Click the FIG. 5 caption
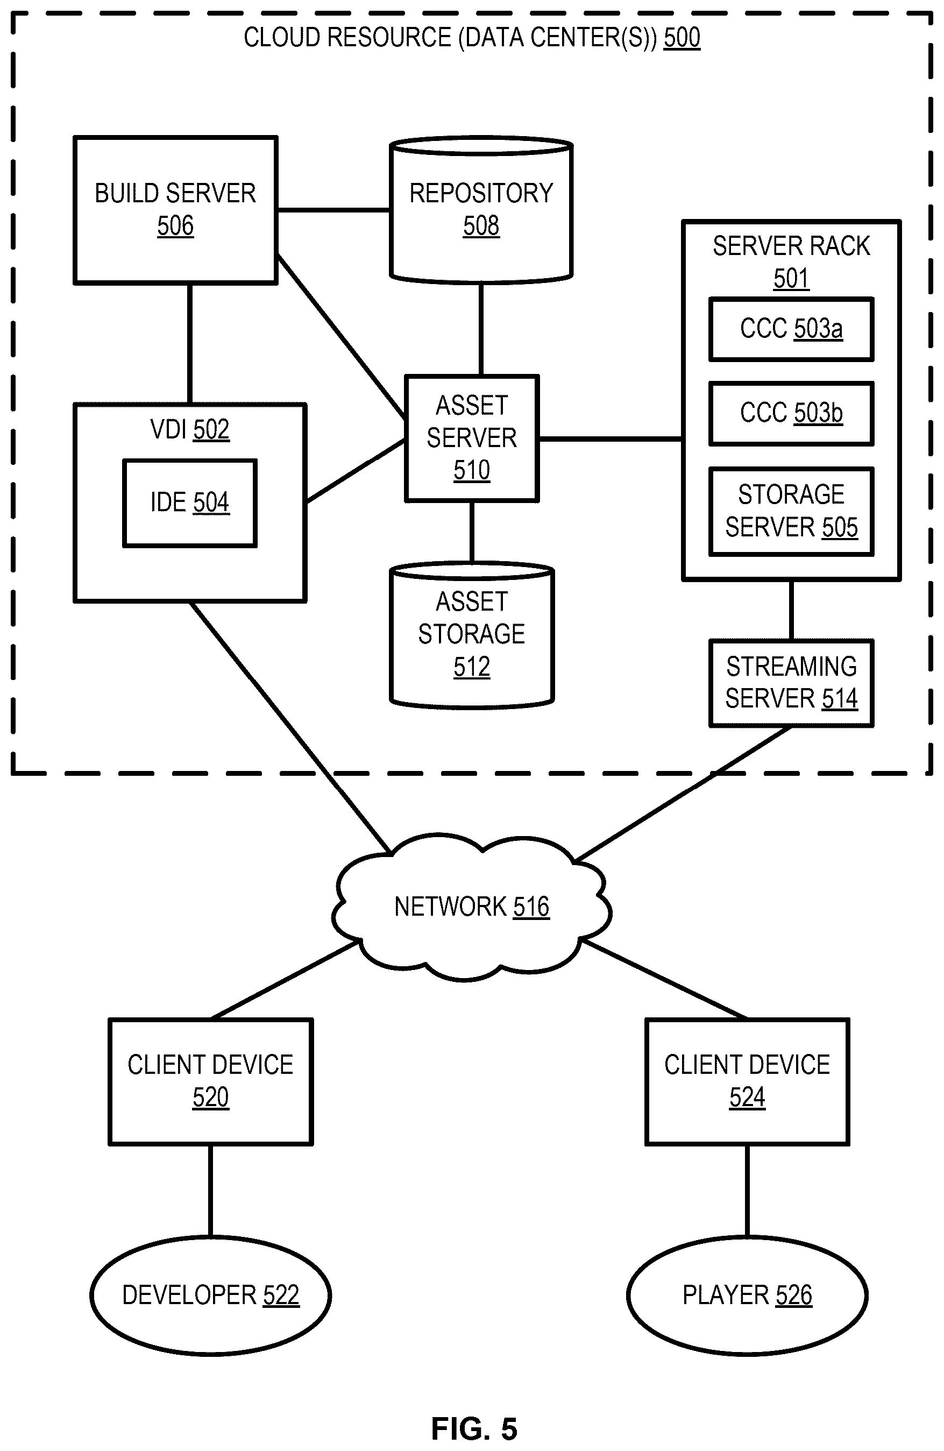(x=474, y=1428)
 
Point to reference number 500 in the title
(x=682, y=38)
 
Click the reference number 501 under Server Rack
(x=791, y=279)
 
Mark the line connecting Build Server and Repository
(x=334, y=210)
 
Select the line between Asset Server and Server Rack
(x=611, y=438)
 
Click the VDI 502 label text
(x=189, y=429)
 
